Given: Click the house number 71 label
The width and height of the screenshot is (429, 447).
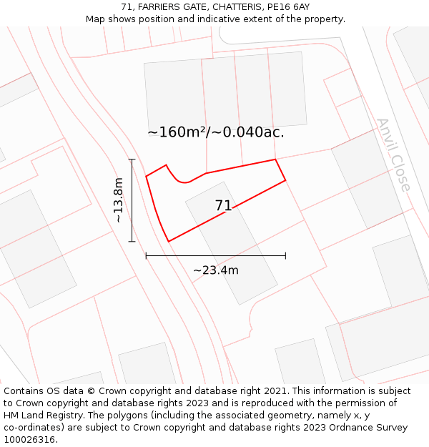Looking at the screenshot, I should (x=223, y=206).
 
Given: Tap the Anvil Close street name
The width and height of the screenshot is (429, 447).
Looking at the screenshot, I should (x=394, y=155).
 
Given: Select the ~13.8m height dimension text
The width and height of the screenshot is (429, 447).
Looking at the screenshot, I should (x=119, y=200).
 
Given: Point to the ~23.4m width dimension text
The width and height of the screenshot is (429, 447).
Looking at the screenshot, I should (x=216, y=270).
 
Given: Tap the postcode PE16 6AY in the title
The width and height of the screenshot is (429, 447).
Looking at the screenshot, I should (x=289, y=7).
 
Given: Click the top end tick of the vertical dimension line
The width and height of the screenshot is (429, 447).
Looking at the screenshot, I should (x=132, y=159).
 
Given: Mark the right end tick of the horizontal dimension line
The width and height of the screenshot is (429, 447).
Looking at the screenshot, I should (x=285, y=255).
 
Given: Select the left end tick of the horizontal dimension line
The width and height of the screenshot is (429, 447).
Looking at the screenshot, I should (x=146, y=255).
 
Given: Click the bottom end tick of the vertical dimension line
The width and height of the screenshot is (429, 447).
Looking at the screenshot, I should (x=132, y=242).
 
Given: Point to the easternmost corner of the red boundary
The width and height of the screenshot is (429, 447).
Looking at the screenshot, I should (x=285, y=180).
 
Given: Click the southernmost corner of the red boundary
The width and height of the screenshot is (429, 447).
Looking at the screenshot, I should (x=169, y=241).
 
